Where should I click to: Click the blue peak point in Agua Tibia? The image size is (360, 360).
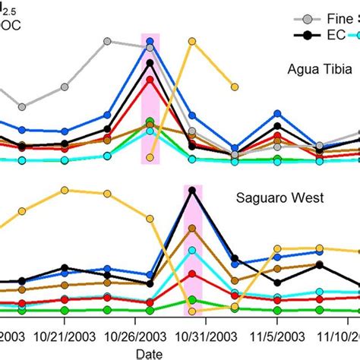150,43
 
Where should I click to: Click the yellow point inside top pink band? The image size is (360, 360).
150,158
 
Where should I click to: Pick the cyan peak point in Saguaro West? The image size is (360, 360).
193,251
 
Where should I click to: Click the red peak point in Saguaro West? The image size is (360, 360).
193,273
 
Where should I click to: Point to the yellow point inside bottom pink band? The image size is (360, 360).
193,311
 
